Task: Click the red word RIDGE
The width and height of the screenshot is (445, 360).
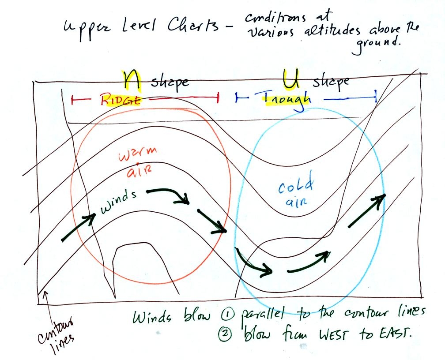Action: point(121,100)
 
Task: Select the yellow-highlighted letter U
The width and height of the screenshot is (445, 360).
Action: point(291,79)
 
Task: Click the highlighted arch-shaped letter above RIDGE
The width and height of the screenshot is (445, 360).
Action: point(131,80)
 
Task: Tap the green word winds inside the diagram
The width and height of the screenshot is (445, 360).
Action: point(118,202)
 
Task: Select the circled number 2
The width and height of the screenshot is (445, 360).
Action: point(224,334)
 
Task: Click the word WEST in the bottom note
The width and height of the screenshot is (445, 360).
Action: point(333,335)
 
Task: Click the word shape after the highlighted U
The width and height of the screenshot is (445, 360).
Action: point(331,82)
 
